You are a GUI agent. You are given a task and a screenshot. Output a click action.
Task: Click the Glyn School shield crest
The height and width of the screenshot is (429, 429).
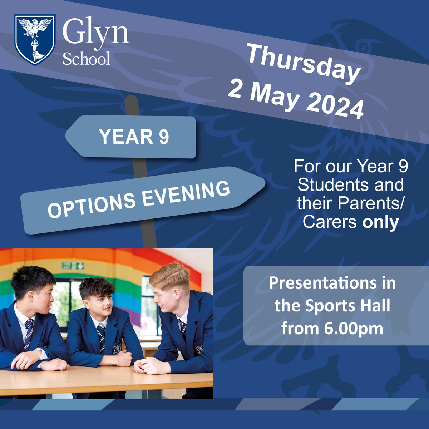(35, 39)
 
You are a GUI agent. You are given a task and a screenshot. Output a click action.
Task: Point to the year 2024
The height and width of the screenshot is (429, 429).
(335, 104)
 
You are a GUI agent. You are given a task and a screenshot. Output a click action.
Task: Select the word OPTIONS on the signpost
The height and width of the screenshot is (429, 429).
(92, 205)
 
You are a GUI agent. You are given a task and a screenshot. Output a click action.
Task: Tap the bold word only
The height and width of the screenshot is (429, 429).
(380, 222)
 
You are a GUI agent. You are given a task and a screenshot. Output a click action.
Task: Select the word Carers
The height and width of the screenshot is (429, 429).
(329, 222)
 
